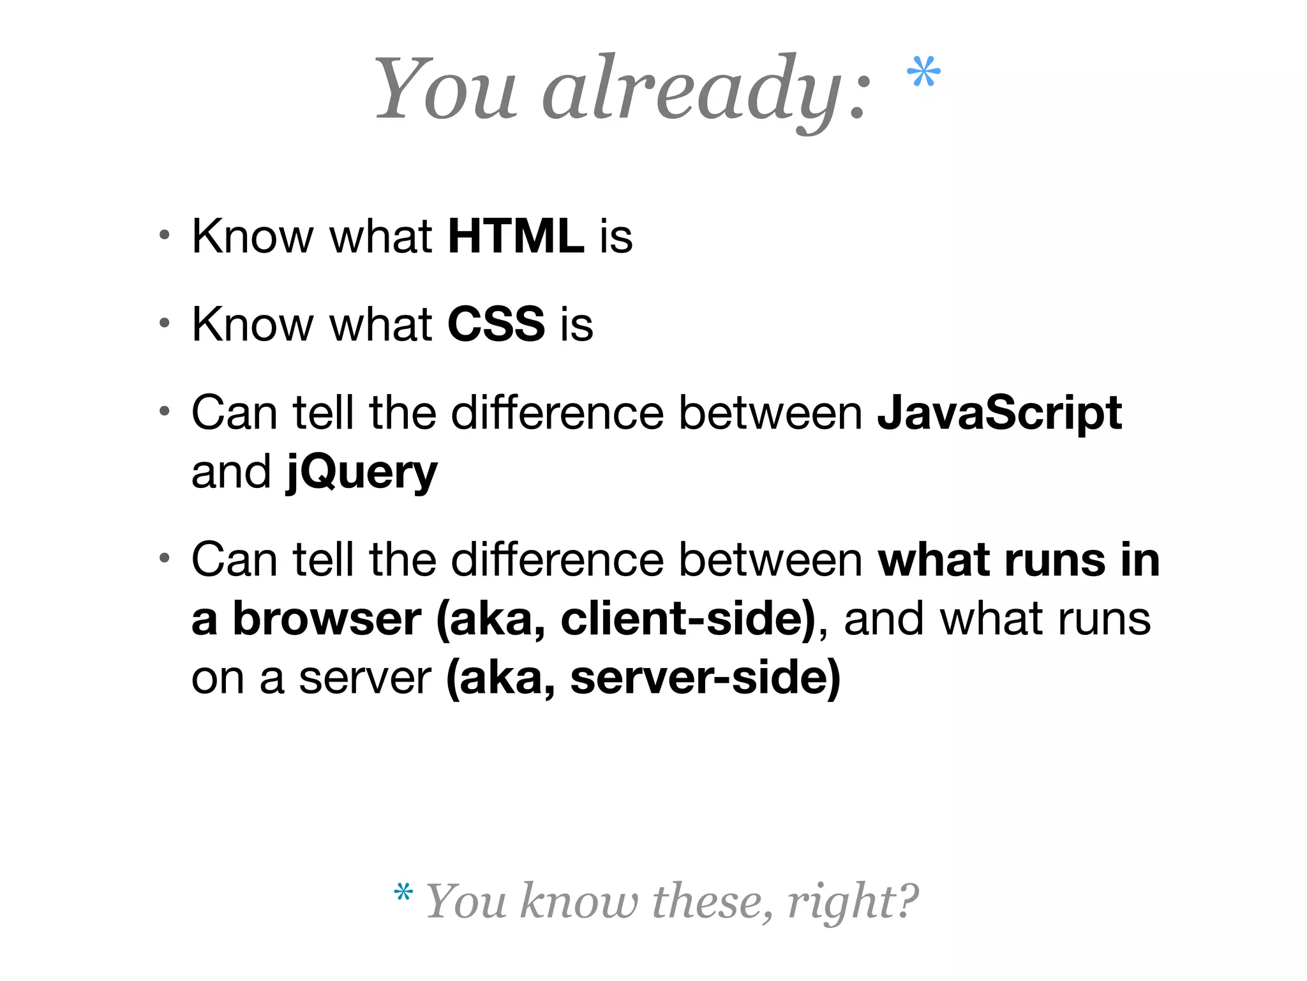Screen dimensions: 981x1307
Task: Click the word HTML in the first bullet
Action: click(x=516, y=237)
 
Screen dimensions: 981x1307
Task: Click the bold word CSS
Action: click(x=496, y=324)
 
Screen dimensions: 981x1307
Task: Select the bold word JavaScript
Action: click(x=999, y=413)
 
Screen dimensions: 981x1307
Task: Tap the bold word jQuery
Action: click(x=362, y=473)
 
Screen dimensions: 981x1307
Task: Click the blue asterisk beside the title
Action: click(x=923, y=72)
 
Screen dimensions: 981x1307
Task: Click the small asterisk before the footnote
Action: click(x=403, y=892)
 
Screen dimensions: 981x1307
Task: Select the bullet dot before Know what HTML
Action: click(x=165, y=235)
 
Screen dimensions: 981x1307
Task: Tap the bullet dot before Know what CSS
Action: click(x=165, y=323)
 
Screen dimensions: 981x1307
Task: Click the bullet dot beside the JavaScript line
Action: click(x=165, y=411)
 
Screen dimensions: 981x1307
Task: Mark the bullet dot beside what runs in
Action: click(x=165, y=558)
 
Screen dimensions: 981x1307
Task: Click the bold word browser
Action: click(x=326, y=619)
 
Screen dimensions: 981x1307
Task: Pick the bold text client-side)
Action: click(x=688, y=619)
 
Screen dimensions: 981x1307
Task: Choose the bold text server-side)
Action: click(x=705, y=678)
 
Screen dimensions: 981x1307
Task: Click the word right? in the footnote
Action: click(x=853, y=901)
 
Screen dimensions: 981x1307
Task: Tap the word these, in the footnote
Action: click(x=712, y=901)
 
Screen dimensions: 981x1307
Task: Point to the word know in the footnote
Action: click(x=578, y=901)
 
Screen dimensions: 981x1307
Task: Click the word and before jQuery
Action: click(x=231, y=472)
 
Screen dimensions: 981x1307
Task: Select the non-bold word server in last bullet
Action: click(x=365, y=678)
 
